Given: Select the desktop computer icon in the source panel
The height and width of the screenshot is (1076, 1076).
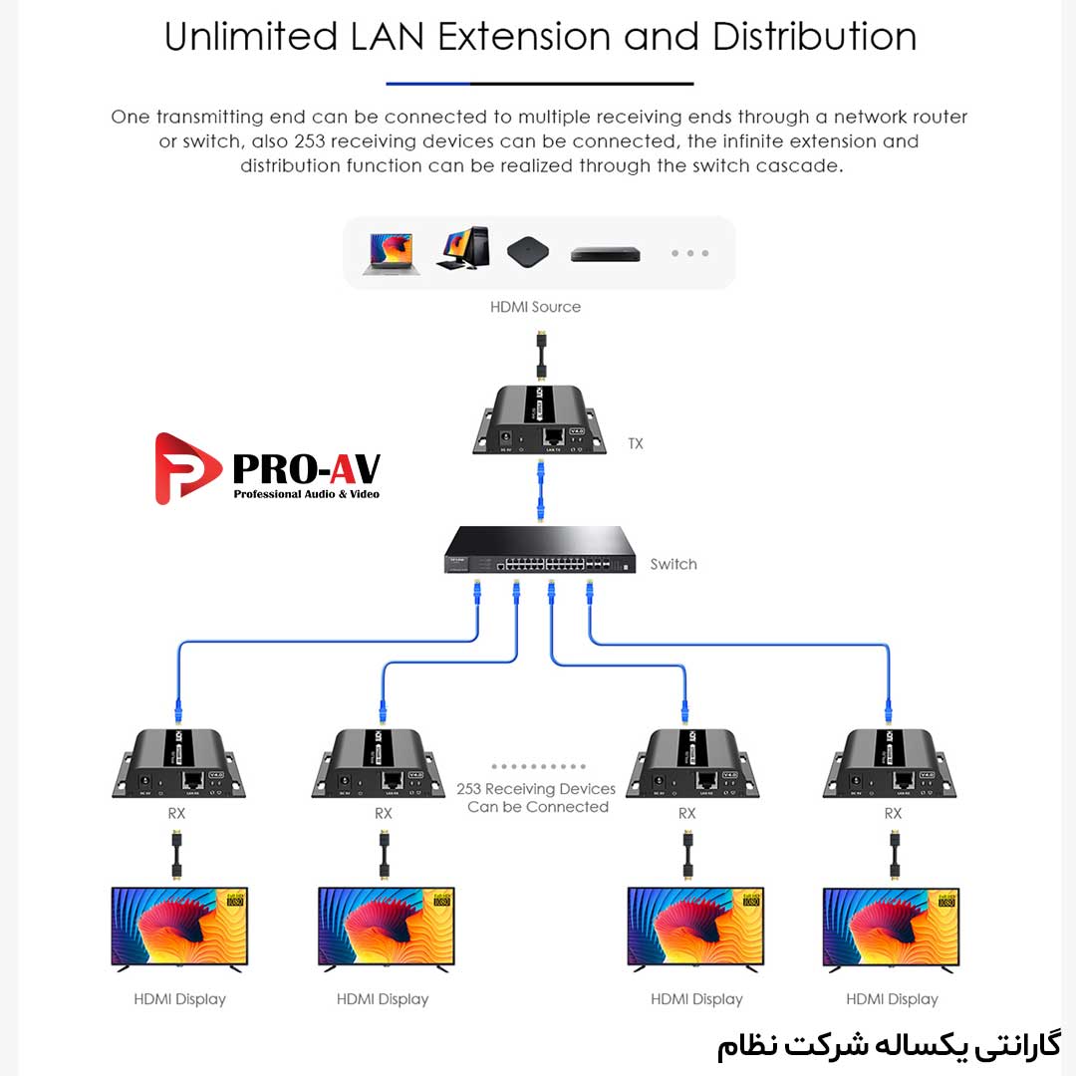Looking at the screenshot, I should click(462, 249).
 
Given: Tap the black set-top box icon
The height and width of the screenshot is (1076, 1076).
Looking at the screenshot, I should click(528, 251).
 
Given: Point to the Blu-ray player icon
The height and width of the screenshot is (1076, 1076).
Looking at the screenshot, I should click(605, 255).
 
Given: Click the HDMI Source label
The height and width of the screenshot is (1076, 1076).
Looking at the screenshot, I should click(535, 307).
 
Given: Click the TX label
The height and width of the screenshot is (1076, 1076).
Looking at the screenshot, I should click(636, 443).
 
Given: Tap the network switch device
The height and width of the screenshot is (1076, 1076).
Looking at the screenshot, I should click(539, 552).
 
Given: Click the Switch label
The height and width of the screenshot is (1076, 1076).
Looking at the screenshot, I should click(673, 564).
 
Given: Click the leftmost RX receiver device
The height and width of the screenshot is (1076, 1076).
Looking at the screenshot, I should click(177, 764).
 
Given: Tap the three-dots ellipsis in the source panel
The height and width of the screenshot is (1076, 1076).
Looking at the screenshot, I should click(689, 253).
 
